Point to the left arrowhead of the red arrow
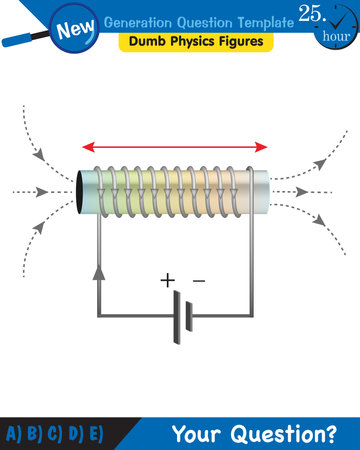[87, 145]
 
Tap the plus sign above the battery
[167, 281]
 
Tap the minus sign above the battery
[198, 281]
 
